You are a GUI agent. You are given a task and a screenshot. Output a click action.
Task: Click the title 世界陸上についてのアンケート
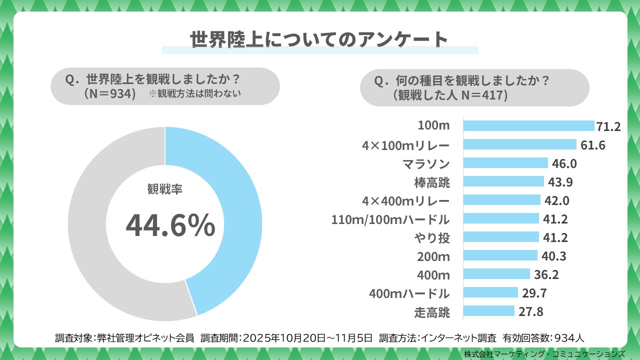point(319,40)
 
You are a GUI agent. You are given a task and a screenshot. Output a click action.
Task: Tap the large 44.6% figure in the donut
point(170,225)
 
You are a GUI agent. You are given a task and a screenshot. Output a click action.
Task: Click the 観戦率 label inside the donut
point(165,189)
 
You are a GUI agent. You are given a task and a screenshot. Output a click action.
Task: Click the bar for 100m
point(528,126)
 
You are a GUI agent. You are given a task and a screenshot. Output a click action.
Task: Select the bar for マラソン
point(505,163)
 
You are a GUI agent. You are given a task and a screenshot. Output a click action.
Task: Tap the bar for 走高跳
point(488,311)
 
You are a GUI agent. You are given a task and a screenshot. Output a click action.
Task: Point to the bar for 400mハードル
point(490,292)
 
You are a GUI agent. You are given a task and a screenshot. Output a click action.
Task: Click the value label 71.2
point(608,126)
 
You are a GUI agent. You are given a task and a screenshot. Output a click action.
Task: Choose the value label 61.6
point(593,145)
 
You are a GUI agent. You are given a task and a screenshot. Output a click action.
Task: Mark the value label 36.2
point(546,274)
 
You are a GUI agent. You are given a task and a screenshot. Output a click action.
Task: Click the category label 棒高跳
point(432,182)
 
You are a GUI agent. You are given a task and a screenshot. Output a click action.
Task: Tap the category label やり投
point(432,238)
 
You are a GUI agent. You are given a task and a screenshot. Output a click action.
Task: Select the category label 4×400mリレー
point(405,201)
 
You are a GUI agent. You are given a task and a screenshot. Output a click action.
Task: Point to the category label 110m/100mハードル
point(390,219)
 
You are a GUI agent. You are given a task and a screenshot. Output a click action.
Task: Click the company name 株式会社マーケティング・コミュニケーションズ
point(544,353)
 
